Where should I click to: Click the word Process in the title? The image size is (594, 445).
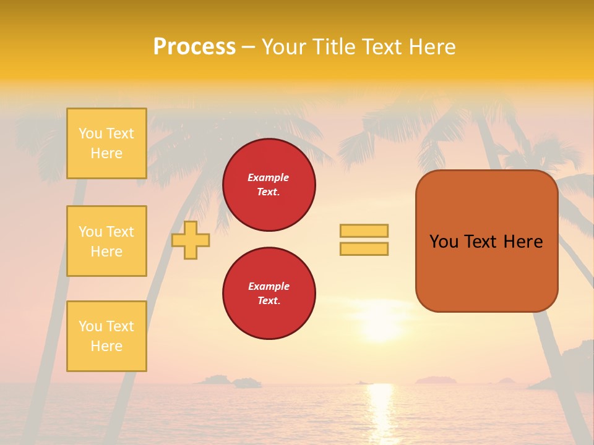click(x=194, y=47)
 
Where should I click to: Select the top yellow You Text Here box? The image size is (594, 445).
click(x=106, y=143)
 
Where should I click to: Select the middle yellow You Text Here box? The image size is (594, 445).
click(x=106, y=241)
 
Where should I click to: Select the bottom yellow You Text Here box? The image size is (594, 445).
click(x=106, y=336)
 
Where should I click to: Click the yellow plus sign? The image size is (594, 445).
click(x=191, y=240)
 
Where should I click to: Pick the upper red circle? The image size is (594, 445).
click(x=269, y=185)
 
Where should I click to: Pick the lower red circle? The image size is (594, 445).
click(x=269, y=294)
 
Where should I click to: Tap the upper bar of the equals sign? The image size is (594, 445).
click(x=364, y=231)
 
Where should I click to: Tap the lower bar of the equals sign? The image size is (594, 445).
click(x=364, y=249)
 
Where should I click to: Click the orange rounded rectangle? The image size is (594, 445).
click(x=486, y=272)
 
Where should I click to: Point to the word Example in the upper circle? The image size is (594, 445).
click(x=269, y=177)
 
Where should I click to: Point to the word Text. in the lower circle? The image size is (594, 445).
click(x=269, y=301)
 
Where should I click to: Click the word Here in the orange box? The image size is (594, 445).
click(x=523, y=242)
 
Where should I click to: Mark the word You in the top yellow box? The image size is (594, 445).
click(x=90, y=133)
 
